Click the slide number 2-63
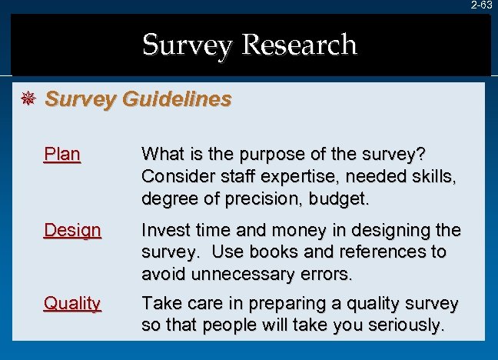coord(482,5)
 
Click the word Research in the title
coord(299,45)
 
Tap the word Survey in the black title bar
coord(187,45)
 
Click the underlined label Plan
coord(62,154)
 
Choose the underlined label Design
coord(72,229)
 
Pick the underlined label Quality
coord(72,303)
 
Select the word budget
coord(339,198)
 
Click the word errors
coord(328,274)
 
